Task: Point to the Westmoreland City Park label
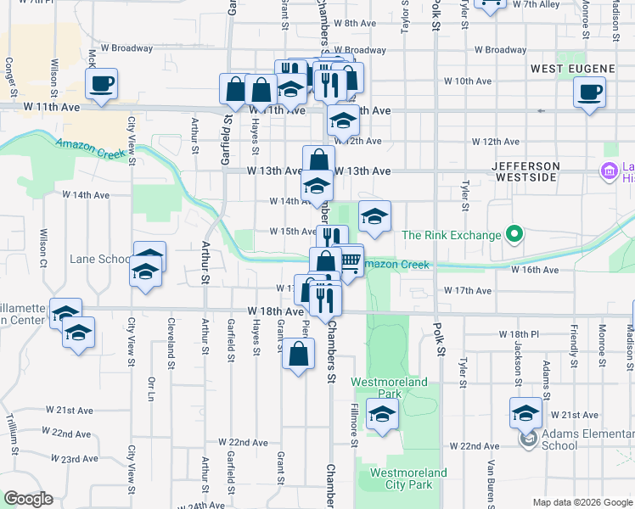(409, 478)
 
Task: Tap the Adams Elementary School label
(576, 439)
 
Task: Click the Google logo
(27, 499)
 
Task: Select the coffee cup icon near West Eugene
(589, 92)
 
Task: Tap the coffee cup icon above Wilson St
(102, 83)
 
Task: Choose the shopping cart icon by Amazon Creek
(349, 260)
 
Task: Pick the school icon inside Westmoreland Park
(382, 415)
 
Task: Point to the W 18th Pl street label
(520, 335)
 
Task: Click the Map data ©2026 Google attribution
(582, 502)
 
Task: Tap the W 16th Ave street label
(535, 270)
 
